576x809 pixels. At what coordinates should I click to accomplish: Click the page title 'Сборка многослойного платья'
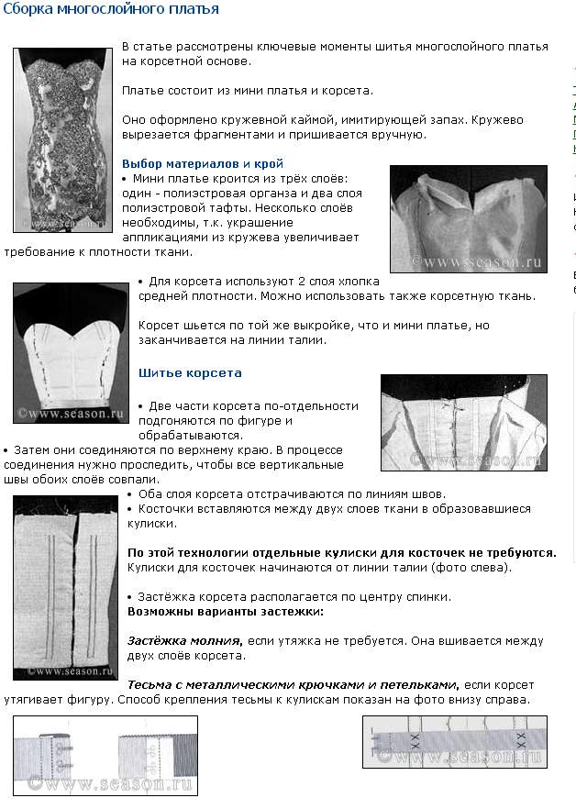click(110, 10)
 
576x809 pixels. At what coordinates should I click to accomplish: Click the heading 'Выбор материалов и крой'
click(203, 163)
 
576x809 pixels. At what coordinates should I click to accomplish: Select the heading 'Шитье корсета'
click(190, 373)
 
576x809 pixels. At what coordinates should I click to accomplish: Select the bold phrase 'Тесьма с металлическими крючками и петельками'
click(292, 685)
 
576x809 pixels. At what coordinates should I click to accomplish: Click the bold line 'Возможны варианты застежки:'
click(225, 611)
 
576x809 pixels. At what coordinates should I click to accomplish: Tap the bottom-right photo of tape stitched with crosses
click(455, 741)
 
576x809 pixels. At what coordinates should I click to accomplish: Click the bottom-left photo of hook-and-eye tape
click(107, 754)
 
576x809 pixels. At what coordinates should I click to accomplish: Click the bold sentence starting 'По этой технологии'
click(341, 553)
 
